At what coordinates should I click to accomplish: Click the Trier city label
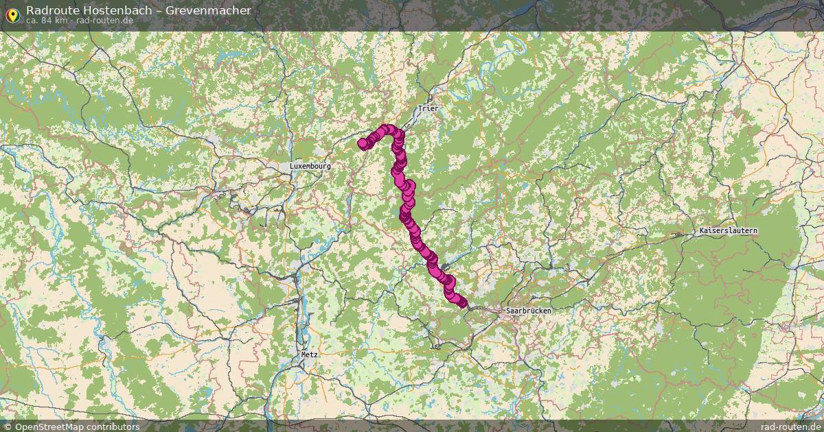(427, 108)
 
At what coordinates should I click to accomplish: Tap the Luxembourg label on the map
(310, 166)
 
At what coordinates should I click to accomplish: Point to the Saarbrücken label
(528, 311)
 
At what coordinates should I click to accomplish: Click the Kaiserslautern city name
(728, 231)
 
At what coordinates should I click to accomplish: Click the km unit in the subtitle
(60, 21)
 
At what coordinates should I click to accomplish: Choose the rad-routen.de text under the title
(104, 21)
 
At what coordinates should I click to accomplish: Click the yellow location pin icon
(12, 12)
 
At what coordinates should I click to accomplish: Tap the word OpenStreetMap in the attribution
(48, 427)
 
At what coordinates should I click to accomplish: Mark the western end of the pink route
(363, 143)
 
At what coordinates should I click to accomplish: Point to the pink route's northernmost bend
(388, 129)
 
